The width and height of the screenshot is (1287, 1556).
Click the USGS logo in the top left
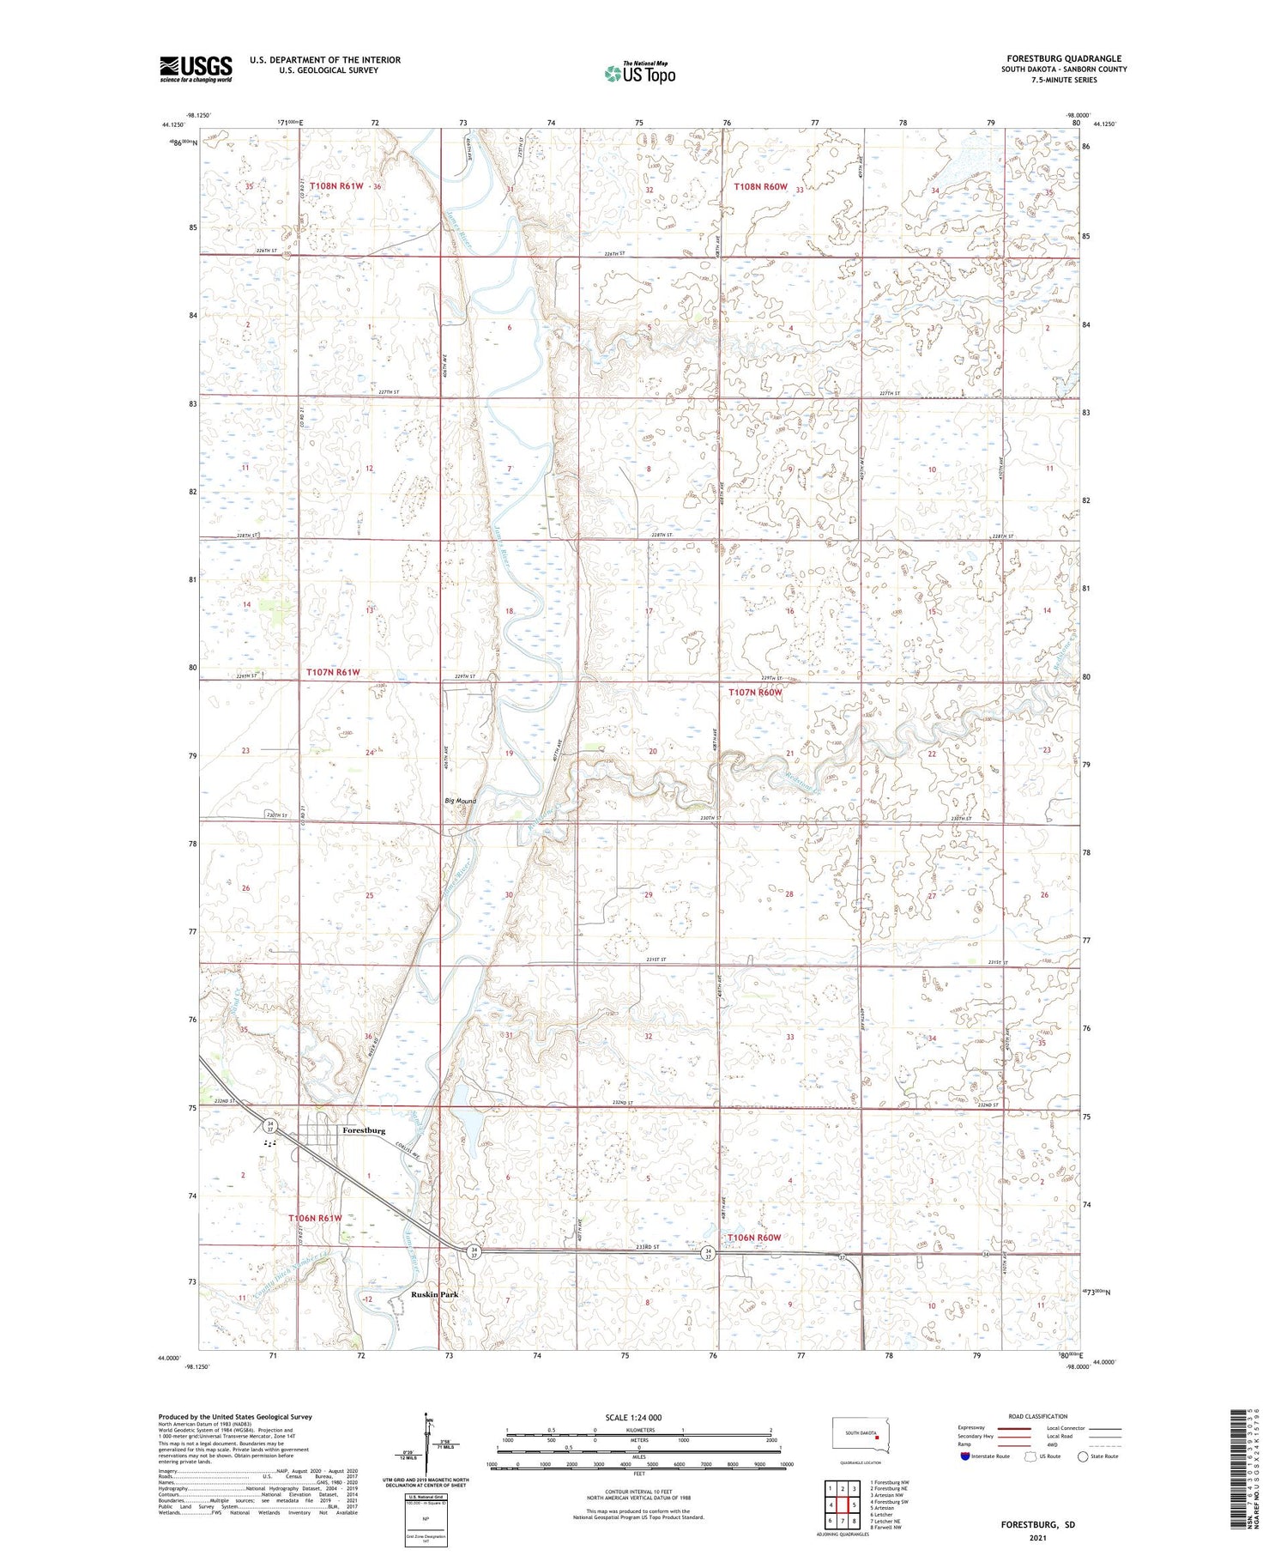(x=196, y=69)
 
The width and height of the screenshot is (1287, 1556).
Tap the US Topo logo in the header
(x=639, y=73)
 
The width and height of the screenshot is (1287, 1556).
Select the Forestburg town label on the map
(x=363, y=1130)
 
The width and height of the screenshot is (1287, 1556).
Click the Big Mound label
(x=460, y=801)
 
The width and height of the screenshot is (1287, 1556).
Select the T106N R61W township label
(x=315, y=1218)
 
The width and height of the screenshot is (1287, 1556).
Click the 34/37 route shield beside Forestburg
(x=270, y=1125)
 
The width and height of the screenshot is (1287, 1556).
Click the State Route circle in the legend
(x=1083, y=1456)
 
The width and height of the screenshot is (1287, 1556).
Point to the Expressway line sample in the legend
(x=1018, y=1428)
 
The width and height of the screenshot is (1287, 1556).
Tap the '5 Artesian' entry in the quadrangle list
(x=883, y=1507)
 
